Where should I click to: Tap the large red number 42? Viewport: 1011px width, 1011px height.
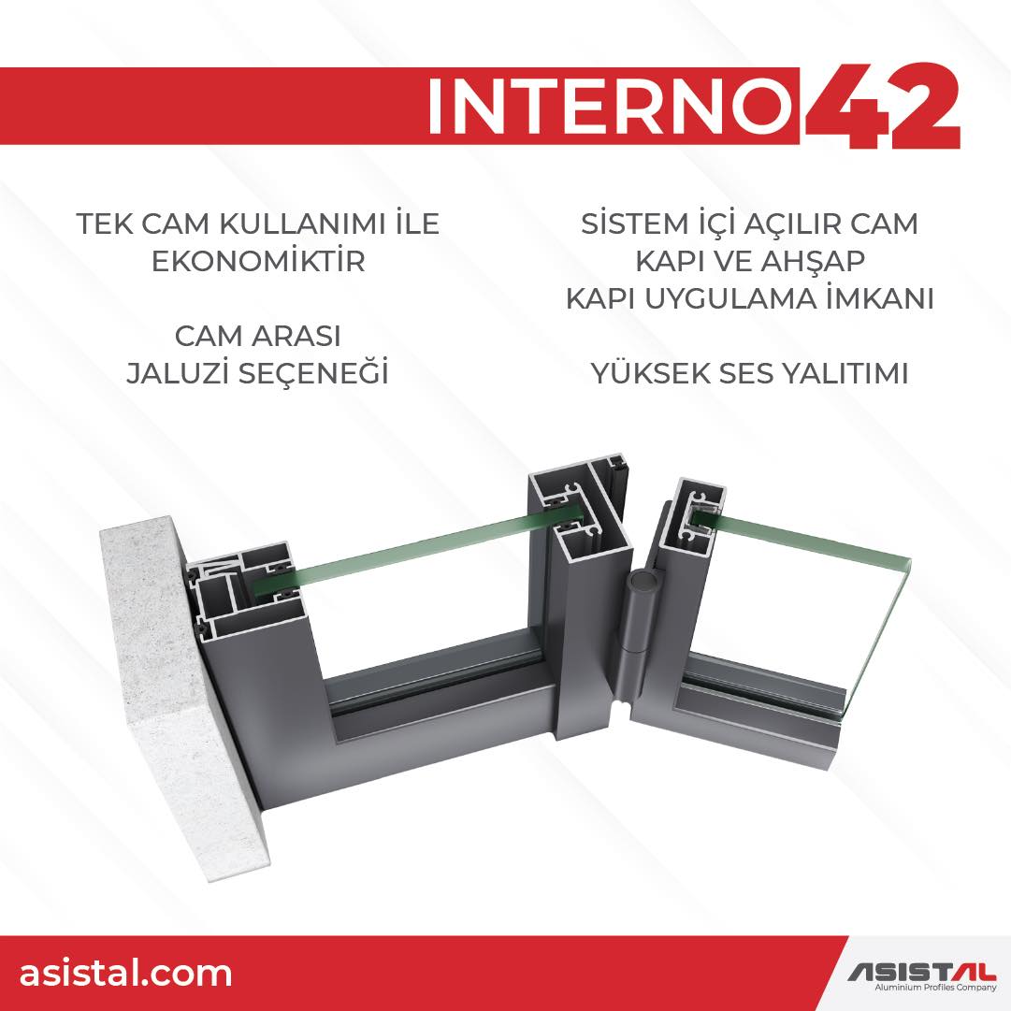click(x=882, y=106)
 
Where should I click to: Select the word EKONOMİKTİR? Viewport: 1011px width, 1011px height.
click(x=258, y=261)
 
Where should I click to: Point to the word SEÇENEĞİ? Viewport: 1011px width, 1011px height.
click(x=314, y=373)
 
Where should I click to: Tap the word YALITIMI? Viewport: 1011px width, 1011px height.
click(x=844, y=373)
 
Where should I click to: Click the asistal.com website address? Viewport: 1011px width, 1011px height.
click(x=125, y=973)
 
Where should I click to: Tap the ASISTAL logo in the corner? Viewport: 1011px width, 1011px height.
click(x=921, y=971)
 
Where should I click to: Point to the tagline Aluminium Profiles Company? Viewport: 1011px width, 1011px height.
click(x=935, y=987)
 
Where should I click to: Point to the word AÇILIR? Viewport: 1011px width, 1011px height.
click(x=792, y=224)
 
